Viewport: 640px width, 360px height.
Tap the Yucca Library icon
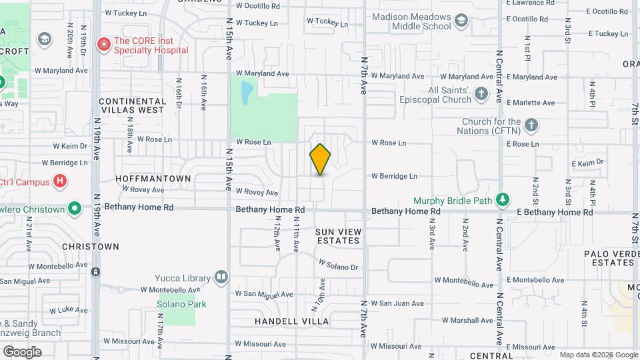pyautogui.click(x=221, y=277)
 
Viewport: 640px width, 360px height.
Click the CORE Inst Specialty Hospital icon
pyautogui.click(x=103, y=45)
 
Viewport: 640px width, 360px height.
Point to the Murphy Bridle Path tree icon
pyautogui.click(x=503, y=200)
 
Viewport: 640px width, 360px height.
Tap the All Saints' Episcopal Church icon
pyautogui.click(x=482, y=99)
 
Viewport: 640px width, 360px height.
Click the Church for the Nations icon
pyautogui.click(x=531, y=125)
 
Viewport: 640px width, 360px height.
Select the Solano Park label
pyautogui.click(x=181, y=304)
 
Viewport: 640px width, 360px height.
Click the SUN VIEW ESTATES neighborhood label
pyautogui.click(x=338, y=236)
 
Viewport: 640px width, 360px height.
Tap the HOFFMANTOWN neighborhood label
pyautogui.click(x=153, y=179)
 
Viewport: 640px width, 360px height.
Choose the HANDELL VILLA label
pyautogui.click(x=292, y=321)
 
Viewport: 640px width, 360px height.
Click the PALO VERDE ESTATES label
pyautogui.click(x=609, y=258)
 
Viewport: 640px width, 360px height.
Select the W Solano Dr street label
pyautogui.click(x=338, y=265)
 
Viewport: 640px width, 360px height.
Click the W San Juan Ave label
pyautogui.click(x=397, y=303)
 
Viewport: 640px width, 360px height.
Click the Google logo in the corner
pyautogui.click(x=22, y=352)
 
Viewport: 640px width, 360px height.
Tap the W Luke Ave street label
pyautogui.click(x=69, y=310)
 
